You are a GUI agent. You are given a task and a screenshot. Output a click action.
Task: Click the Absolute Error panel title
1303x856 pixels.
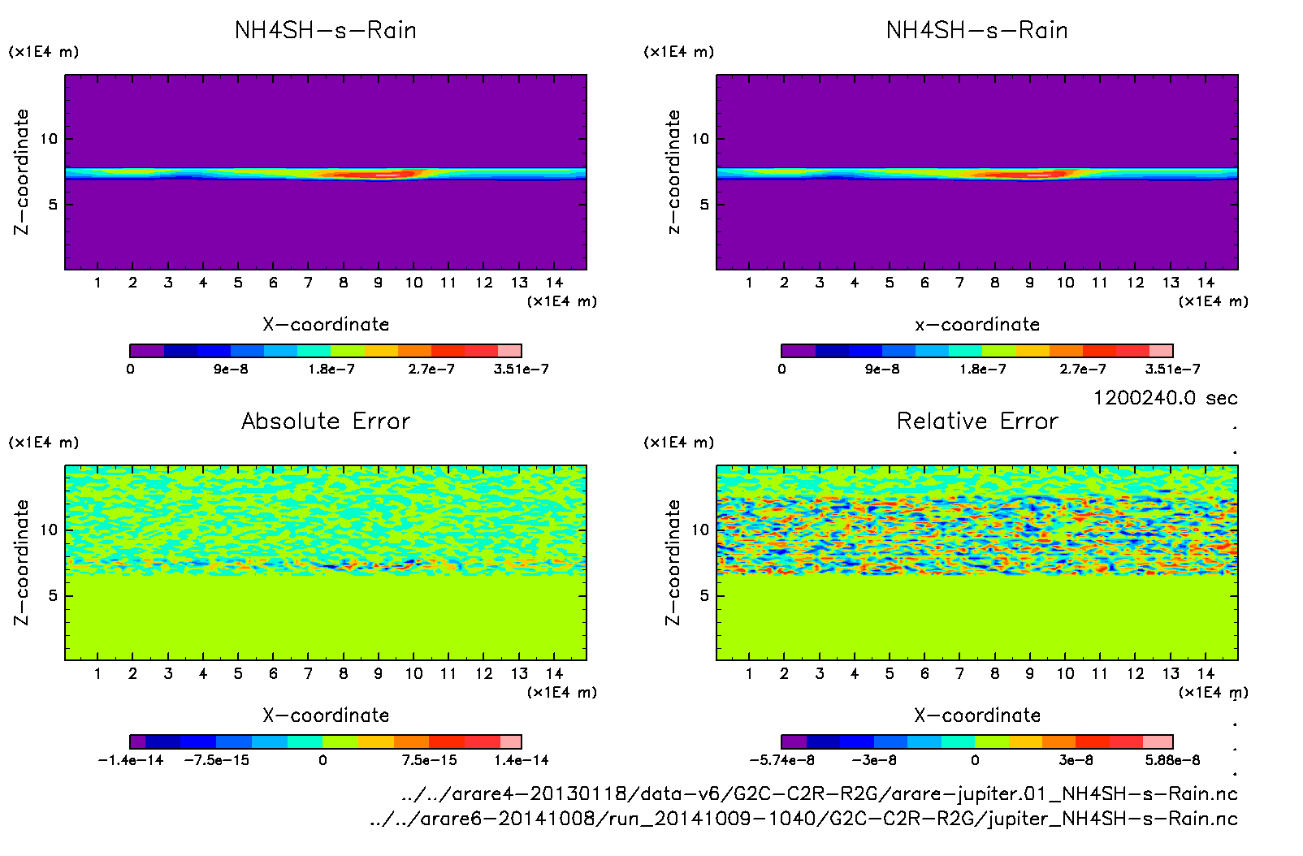click(326, 421)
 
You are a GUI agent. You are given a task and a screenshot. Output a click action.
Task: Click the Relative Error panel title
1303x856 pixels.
click(977, 421)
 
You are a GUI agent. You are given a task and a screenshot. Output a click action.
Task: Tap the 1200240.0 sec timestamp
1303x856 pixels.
click(1165, 398)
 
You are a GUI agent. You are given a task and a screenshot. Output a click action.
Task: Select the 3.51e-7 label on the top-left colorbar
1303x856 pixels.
click(521, 370)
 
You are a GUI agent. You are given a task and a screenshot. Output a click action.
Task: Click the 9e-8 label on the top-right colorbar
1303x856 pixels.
click(882, 370)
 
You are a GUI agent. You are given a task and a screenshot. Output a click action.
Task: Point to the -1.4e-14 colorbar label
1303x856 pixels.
click(131, 761)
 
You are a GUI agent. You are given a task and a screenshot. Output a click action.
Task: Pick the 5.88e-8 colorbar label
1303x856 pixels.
click(1172, 761)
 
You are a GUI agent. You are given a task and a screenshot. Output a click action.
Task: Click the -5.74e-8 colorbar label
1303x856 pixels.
click(781, 761)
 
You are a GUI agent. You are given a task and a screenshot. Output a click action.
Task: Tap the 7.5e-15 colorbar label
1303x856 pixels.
click(429, 761)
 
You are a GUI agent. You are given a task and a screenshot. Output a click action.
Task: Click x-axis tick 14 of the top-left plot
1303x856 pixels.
click(554, 283)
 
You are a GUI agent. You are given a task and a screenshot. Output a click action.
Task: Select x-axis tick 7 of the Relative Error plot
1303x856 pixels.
click(959, 674)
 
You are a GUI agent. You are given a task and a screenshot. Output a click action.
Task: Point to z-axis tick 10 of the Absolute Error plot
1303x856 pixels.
click(50, 530)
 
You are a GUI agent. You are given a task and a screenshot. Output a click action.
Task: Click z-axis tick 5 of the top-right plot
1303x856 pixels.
click(704, 205)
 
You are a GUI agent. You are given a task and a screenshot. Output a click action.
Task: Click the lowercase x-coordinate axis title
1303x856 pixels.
click(977, 325)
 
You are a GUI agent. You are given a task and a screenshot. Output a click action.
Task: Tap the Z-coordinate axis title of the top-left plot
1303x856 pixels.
click(21, 172)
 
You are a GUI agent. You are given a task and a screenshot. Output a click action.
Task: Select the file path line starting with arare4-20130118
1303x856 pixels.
click(819, 793)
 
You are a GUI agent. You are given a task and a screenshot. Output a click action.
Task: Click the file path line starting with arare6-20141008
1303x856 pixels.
click(803, 819)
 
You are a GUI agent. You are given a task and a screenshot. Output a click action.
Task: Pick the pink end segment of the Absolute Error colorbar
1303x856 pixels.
click(511, 741)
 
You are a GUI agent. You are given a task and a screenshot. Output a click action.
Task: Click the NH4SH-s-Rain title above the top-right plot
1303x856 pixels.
click(977, 31)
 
